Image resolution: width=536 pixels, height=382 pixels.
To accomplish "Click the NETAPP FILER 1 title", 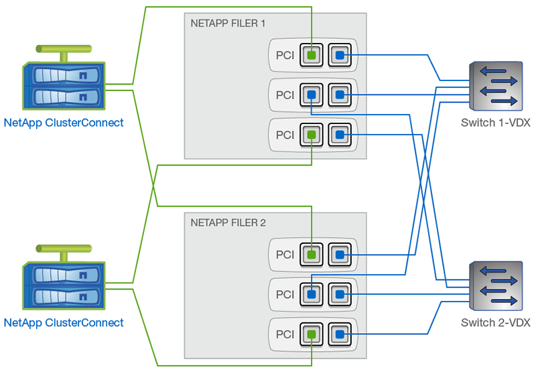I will [228, 23].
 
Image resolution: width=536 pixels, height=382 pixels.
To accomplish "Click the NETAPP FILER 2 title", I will [228, 222].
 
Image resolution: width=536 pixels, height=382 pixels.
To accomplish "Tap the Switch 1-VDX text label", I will [496, 123].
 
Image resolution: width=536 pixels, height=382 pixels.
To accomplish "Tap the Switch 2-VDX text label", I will [496, 323].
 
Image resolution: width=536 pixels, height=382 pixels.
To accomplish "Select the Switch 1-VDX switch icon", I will [495, 86].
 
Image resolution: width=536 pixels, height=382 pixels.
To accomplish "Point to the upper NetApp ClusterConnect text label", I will [64, 123].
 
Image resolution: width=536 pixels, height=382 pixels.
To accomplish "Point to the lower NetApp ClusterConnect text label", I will [64, 322].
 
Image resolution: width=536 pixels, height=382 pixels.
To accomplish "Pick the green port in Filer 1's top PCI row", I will [312, 55].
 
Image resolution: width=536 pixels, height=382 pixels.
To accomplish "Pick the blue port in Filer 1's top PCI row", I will [340, 55].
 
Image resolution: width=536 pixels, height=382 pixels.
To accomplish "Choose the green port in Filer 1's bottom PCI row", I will [312, 135].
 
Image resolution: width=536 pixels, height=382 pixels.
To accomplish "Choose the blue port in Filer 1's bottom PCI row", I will [340, 135].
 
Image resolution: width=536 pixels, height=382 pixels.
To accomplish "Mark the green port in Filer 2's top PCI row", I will [312, 254].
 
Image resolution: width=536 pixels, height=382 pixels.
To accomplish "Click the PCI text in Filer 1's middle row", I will [285, 95].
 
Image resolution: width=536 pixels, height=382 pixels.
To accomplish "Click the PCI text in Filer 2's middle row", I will [285, 294].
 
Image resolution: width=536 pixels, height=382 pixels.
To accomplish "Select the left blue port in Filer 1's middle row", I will [312, 95].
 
